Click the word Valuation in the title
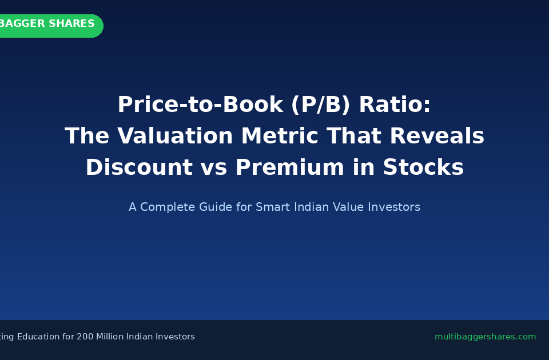point(176,137)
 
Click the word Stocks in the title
point(423,168)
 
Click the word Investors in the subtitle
point(394,207)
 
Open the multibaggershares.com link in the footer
point(485,337)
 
